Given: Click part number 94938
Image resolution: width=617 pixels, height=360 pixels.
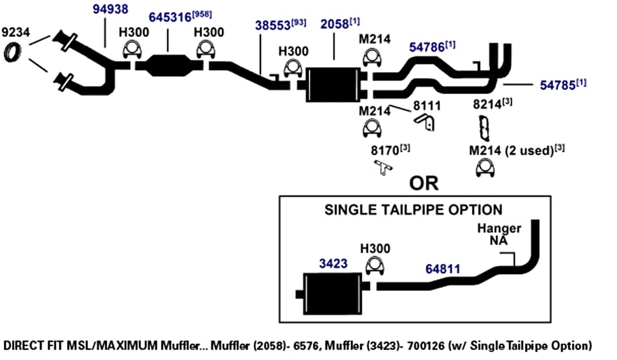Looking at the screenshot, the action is click(110, 9).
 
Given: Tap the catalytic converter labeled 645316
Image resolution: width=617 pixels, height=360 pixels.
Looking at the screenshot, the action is click(169, 65).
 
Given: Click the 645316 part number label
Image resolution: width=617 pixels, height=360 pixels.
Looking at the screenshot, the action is click(170, 17).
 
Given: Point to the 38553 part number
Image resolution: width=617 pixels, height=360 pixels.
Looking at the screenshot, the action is click(273, 25).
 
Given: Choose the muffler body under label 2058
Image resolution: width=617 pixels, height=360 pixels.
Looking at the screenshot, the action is click(333, 85).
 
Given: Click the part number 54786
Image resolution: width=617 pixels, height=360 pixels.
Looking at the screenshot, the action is click(427, 47).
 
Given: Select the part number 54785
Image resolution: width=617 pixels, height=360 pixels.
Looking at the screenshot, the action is click(557, 85).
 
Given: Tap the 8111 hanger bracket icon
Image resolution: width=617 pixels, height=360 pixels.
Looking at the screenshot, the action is click(425, 122).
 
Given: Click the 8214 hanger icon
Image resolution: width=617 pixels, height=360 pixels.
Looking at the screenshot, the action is click(485, 128).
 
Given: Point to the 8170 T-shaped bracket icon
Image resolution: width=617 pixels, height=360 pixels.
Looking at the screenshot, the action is click(383, 167).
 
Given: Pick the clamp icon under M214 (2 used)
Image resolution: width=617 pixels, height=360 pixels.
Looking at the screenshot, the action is click(485, 168).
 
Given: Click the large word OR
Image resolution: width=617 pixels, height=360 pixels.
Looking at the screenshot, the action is click(424, 183).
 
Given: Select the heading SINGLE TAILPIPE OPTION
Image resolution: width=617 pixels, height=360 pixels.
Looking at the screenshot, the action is click(413, 210).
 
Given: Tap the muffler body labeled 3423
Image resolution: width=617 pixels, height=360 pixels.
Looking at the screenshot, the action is click(332, 294).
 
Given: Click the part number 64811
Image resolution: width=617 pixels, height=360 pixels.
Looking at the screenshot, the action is click(442, 269).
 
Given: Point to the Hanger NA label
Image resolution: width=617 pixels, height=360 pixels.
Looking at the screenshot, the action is click(499, 234).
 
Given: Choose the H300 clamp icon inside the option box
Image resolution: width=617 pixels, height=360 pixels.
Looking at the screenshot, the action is click(375, 266).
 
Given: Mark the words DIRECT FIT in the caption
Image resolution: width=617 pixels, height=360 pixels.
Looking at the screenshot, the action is click(33, 346).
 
